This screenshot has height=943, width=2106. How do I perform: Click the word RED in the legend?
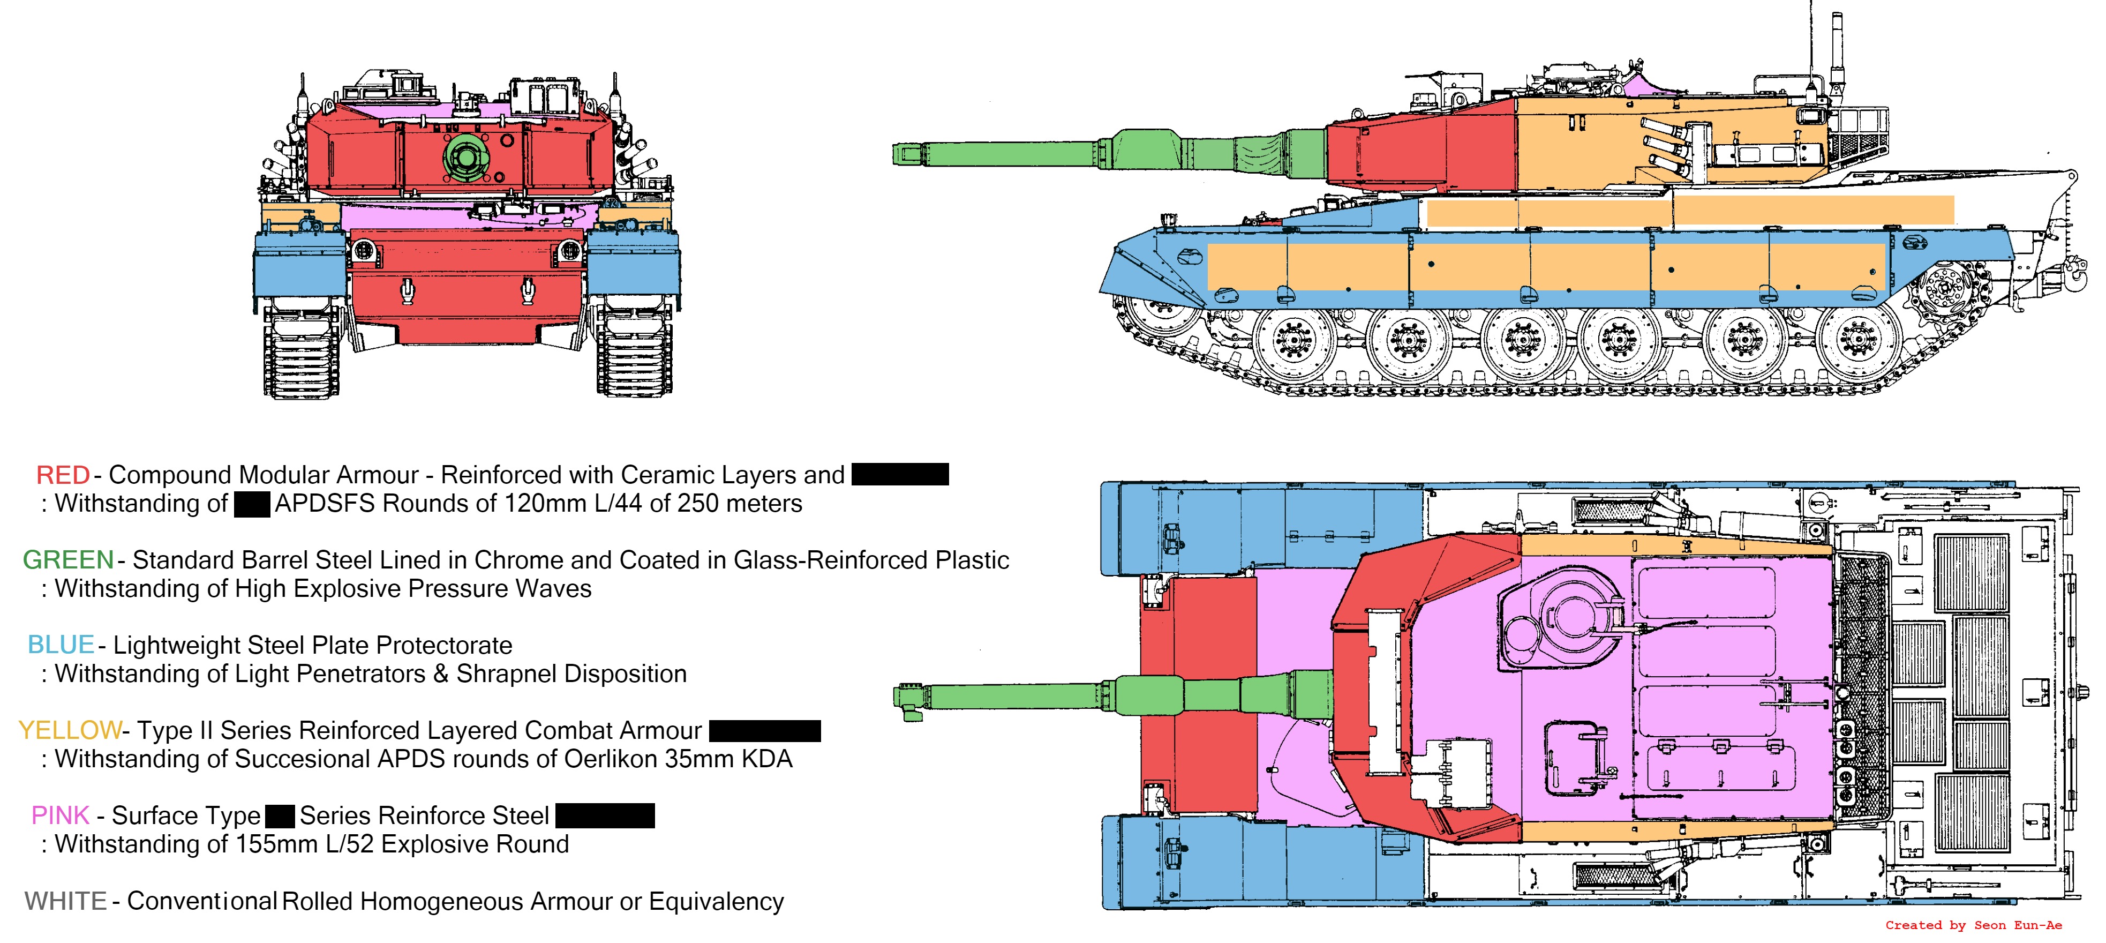click(x=63, y=475)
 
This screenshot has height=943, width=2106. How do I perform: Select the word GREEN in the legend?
click(x=68, y=560)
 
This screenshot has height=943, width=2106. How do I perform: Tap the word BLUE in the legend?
click(x=61, y=645)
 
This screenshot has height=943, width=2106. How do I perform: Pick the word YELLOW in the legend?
click(x=70, y=730)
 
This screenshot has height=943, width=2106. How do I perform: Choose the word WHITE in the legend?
click(x=65, y=901)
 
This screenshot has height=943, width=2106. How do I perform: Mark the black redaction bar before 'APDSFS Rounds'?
click(x=252, y=504)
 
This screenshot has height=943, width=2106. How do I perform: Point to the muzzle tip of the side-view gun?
click(x=899, y=154)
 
